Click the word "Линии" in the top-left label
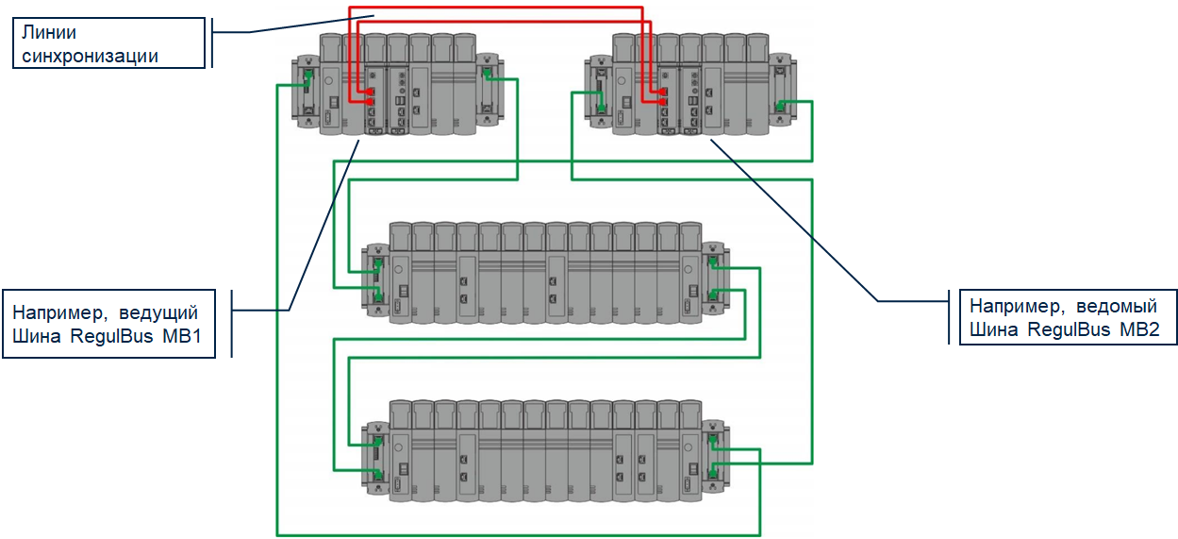(49, 33)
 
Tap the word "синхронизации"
(90, 56)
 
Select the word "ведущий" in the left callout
(158, 312)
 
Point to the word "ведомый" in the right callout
(1117, 306)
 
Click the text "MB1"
(182, 336)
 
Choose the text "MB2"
(1139, 329)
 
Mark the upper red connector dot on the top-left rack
(372, 92)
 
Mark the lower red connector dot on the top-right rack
(663, 102)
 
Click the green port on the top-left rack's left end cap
(308, 75)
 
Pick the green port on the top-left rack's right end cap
(487, 74)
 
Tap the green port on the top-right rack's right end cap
(780, 107)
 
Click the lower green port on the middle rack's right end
(713, 295)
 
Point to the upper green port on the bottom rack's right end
(713, 440)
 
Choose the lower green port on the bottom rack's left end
(377, 474)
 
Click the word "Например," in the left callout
(60, 313)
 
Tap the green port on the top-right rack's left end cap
(601, 108)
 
